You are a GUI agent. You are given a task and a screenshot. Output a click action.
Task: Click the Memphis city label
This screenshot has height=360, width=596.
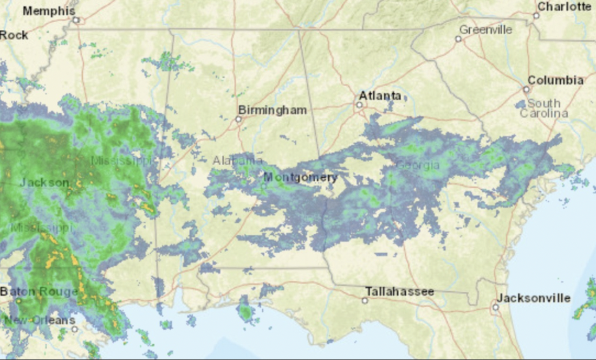[x=49, y=10]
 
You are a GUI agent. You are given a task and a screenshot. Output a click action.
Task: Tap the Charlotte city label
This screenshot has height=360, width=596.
[x=564, y=7]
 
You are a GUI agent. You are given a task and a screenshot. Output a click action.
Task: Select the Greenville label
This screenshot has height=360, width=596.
[x=485, y=29]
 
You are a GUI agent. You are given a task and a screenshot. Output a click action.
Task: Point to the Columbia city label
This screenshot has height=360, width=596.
[x=555, y=80]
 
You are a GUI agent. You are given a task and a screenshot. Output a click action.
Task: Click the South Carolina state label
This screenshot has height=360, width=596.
[x=544, y=108]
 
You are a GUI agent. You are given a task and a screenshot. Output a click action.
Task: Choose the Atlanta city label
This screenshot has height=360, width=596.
[x=380, y=96]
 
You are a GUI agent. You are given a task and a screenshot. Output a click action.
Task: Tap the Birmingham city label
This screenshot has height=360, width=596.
[x=273, y=110]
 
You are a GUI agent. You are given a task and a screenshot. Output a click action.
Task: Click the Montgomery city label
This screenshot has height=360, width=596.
[x=300, y=177]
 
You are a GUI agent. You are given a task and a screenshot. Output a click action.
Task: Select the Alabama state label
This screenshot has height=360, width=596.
[x=237, y=160]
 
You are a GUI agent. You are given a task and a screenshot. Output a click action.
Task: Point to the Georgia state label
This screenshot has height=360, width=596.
[x=418, y=165]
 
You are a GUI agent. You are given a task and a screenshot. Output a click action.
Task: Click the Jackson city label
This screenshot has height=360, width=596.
[x=44, y=183]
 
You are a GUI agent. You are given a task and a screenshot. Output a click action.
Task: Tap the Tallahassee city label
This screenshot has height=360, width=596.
[x=399, y=292]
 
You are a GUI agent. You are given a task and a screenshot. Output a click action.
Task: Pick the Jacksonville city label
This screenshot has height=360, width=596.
[x=533, y=298]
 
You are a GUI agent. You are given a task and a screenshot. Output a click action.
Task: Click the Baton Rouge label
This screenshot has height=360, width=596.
[x=39, y=292]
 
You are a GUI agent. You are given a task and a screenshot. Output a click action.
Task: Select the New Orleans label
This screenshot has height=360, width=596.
[x=40, y=320]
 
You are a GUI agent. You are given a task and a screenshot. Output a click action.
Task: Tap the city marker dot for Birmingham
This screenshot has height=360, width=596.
[x=238, y=119]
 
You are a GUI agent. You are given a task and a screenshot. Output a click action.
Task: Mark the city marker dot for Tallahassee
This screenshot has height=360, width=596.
[x=365, y=300]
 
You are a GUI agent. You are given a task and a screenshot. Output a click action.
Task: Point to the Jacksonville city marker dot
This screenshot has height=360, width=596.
[x=495, y=307]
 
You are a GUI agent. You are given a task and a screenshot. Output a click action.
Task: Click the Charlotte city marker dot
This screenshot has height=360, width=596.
[x=536, y=16]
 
